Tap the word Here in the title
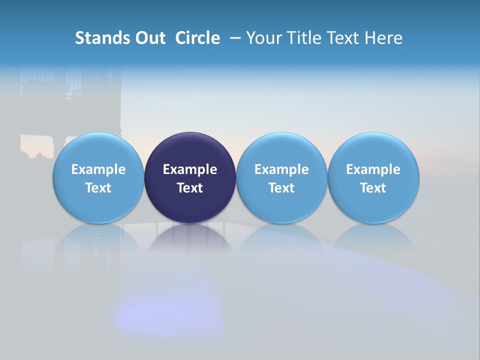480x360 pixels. pyautogui.click(x=385, y=38)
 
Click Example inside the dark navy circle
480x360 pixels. pyautogui.click(x=190, y=169)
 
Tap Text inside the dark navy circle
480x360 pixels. pyautogui.click(x=190, y=188)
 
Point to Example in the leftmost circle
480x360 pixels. pyautogui.click(x=98, y=169)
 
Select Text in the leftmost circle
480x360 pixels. pyautogui.click(x=98, y=188)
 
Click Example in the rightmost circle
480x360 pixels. pyautogui.click(x=373, y=169)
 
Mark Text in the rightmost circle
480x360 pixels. pyautogui.click(x=373, y=188)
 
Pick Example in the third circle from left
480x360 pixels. pyautogui.click(x=281, y=169)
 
